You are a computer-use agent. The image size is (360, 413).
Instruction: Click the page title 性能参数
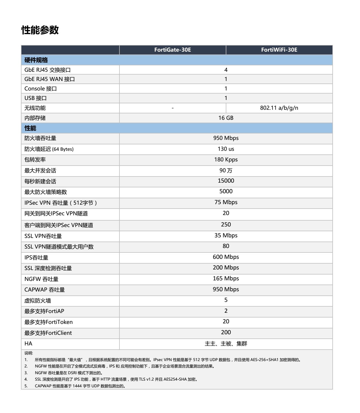click(40, 30)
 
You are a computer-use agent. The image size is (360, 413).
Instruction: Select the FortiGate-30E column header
click(172, 50)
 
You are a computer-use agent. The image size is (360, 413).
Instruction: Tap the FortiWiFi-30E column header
click(279, 50)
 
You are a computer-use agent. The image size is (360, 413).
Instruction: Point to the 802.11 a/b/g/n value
click(279, 108)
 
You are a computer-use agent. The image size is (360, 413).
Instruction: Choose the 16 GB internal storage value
click(226, 118)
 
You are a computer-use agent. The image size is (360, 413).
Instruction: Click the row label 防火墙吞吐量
click(40, 138)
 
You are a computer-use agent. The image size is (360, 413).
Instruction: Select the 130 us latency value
click(226, 149)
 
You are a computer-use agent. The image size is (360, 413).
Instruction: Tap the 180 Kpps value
click(226, 160)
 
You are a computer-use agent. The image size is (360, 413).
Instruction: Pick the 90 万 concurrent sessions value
click(226, 171)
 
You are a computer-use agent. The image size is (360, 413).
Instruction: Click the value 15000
click(226, 181)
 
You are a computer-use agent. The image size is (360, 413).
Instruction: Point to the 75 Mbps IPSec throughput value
click(226, 202)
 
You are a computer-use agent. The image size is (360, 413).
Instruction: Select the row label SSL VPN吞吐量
click(43, 236)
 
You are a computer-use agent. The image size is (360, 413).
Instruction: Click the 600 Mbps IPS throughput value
click(226, 257)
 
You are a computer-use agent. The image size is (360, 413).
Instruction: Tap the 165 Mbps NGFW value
click(226, 279)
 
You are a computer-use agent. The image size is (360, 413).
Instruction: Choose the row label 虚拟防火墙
click(38, 301)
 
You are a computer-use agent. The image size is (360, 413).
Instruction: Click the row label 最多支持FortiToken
click(49, 322)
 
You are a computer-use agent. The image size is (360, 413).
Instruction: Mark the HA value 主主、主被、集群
click(226, 344)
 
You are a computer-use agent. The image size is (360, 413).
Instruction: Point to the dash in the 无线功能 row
click(173, 108)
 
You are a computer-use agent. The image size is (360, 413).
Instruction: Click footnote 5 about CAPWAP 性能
click(80, 386)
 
